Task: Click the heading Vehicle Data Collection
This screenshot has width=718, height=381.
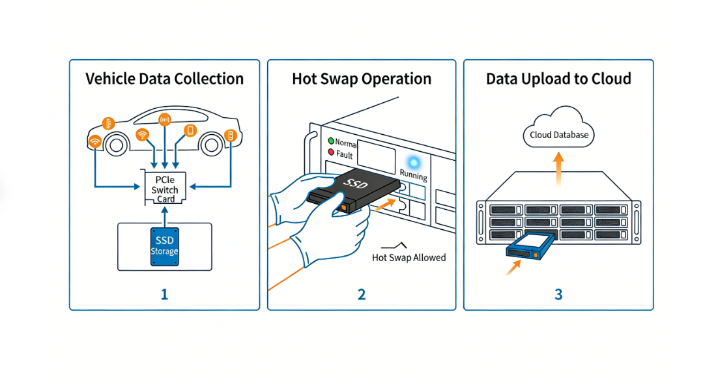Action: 164,79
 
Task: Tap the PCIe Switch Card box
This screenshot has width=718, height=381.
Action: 165,189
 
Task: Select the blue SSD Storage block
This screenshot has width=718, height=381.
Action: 165,246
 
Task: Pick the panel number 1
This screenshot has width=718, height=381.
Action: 165,294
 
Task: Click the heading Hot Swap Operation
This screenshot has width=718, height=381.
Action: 362,79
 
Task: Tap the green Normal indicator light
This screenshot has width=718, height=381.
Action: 330,141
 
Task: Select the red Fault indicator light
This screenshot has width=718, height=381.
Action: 330,154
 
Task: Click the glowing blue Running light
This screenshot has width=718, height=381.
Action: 412,162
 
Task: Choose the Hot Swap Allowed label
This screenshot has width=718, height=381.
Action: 409,257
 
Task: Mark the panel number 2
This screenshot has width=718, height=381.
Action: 362,294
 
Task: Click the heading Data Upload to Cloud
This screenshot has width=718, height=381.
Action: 558,79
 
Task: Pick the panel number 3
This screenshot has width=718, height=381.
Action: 558,294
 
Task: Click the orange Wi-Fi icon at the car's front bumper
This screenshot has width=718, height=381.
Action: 95,141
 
